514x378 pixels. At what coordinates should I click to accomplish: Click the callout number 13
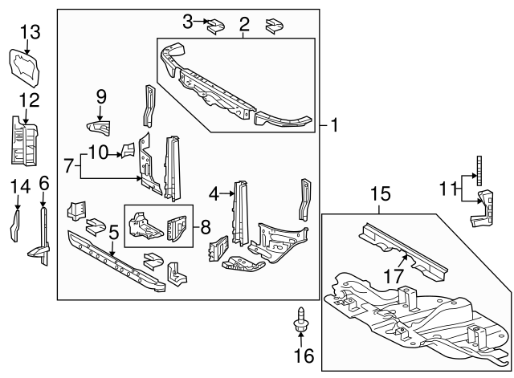[x=29, y=31]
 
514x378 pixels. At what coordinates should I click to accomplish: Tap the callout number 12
[x=29, y=100]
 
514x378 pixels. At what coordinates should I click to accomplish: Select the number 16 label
[x=304, y=356]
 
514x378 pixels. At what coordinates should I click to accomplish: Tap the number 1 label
[x=334, y=126]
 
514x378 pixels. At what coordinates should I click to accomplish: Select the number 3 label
[x=187, y=21]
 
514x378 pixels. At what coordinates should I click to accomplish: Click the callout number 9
[x=101, y=96]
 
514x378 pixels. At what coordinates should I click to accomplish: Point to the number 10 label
[x=97, y=151]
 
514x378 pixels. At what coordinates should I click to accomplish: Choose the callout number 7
[x=70, y=165]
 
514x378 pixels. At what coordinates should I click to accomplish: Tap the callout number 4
[x=214, y=193]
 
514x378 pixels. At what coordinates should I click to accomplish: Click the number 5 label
[x=113, y=234]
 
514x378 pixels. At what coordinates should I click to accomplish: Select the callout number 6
[x=43, y=183]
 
